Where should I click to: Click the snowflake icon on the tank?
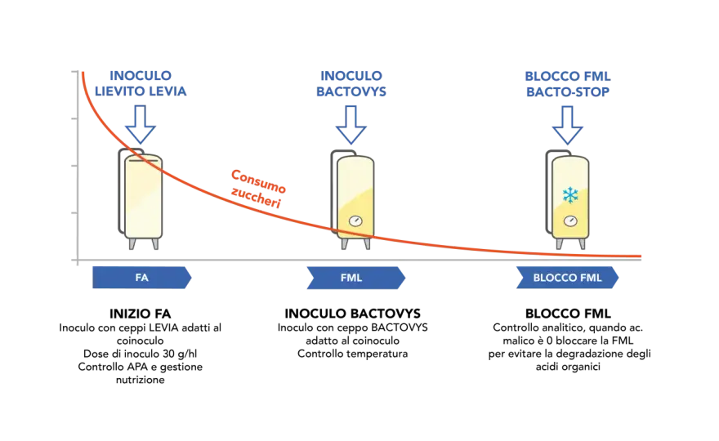[x=570, y=195]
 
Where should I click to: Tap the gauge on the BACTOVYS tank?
[x=355, y=221]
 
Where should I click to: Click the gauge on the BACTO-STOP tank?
[x=570, y=221]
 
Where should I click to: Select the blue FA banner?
[x=141, y=278]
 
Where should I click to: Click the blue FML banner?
[x=356, y=278]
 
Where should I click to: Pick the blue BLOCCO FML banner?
[x=567, y=278]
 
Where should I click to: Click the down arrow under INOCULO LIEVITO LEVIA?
[x=141, y=124]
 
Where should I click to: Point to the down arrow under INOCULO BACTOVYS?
[x=351, y=125]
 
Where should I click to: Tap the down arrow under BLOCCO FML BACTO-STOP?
[x=567, y=125]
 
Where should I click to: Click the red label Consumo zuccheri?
[x=257, y=189]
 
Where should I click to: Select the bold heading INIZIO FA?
[x=140, y=314]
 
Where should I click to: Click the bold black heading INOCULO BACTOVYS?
[x=352, y=314]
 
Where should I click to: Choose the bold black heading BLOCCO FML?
[x=568, y=314]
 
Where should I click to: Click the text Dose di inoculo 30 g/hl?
[x=140, y=354]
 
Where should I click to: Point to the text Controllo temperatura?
[x=352, y=354]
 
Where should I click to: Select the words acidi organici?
[x=568, y=367]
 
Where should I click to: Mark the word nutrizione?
[x=140, y=380]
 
